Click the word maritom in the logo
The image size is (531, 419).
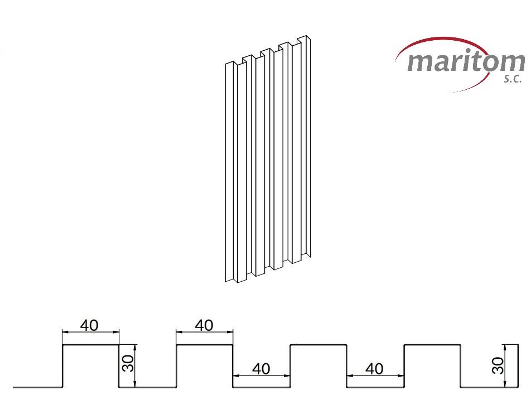466,62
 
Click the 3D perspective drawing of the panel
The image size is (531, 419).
268,158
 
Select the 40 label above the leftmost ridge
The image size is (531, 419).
89,325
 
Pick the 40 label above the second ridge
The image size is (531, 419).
204,325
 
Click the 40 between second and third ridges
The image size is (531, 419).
261,369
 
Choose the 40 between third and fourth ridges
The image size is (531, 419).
375,369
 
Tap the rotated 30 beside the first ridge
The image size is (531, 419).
129,363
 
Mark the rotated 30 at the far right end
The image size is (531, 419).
498,365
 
